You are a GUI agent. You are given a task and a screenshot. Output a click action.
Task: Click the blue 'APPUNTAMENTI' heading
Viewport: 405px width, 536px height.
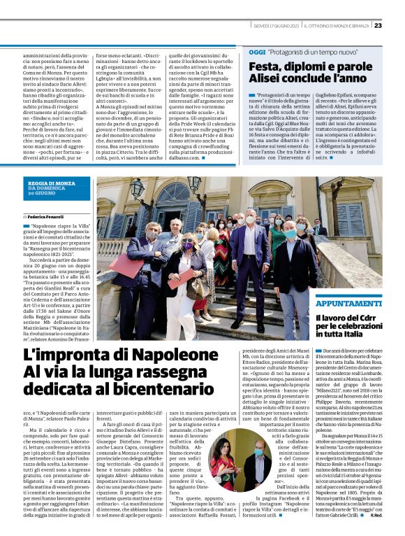(347, 303)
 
